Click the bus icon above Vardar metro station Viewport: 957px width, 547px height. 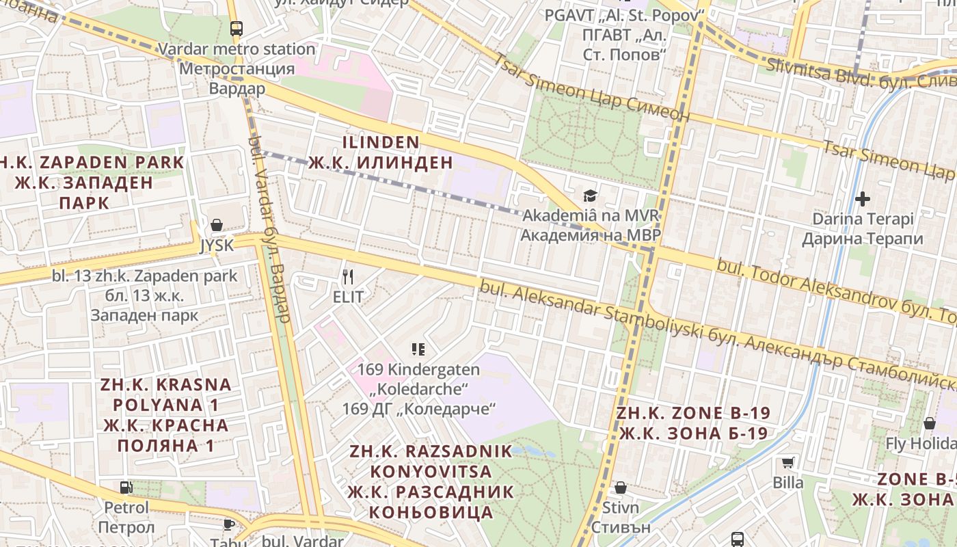click(237, 29)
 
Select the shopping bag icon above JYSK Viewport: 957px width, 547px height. click(217, 225)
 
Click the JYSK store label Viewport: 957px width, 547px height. click(217, 245)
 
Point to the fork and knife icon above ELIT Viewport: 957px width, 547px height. click(348, 276)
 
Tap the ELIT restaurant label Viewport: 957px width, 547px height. click(348, 297)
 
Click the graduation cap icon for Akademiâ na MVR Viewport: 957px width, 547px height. click(590, 196)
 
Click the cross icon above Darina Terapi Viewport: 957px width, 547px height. click(863, 199)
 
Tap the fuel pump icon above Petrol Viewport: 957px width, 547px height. click(126, 488)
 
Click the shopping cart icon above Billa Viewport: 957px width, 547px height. click(788, 462)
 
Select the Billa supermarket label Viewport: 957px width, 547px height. click(788, 483)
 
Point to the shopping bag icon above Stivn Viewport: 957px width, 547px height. click(621, 488)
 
